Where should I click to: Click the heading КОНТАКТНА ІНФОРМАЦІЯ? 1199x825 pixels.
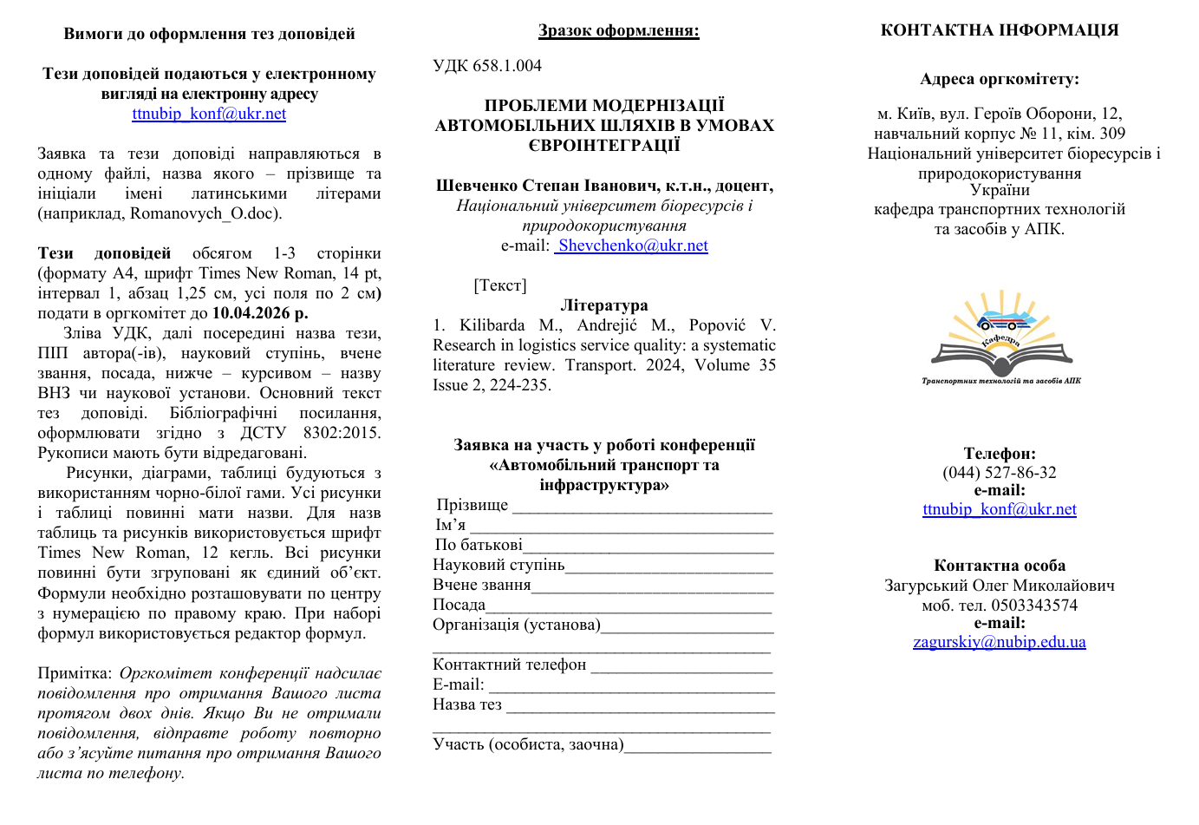(x=999, y=30)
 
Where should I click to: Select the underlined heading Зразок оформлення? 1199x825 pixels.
(x=618, y=30)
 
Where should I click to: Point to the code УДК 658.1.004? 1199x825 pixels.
(x=487, y=66)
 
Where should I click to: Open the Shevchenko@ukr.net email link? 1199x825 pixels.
(x=632, y=246)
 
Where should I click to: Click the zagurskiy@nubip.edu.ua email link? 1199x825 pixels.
(x=999, y=642)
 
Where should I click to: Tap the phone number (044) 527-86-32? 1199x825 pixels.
(x=999, y=473)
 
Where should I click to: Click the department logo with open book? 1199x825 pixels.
(x=1000, y=338)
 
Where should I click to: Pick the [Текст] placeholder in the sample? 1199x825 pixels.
(x=500, y=285)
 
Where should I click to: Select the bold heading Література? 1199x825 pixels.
(x=604, y=305)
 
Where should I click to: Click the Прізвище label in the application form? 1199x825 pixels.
(x=472, y=505)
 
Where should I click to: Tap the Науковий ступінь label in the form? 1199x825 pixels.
(x=498, y=565)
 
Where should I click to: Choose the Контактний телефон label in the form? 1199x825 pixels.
(x=510, y=665)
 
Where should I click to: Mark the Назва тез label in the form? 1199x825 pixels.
(x=467, y=704)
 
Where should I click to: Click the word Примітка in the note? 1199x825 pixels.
(x=75, y=673)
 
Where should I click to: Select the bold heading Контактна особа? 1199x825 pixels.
(x=999, y=566)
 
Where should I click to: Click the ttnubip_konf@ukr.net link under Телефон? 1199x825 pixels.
(x=999, y=509)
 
